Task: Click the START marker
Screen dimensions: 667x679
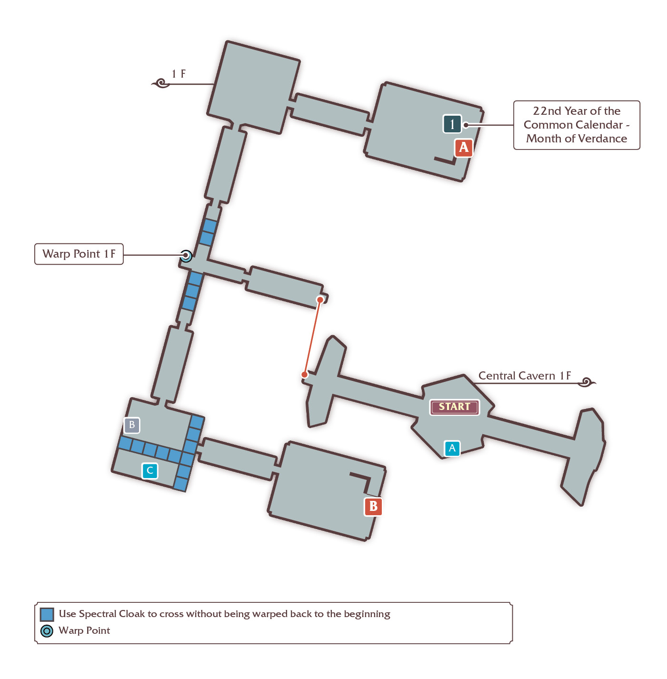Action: click(454, 407)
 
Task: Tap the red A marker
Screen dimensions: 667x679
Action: click(463, 147)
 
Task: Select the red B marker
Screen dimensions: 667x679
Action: click(373, 506)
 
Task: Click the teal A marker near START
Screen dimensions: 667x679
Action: click(452, 448)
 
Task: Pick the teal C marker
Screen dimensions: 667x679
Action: click(150, 470)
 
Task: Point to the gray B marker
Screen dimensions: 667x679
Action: click(132, 425)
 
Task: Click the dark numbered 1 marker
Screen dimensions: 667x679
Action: click(452, 124)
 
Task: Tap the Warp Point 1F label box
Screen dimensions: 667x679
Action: click(79, 254)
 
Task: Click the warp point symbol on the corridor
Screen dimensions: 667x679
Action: click(186, 256)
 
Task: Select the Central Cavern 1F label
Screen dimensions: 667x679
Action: click(524, 376)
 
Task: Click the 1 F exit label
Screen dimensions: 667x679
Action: click(178, 74)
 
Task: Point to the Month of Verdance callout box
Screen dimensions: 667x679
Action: click(577, 125)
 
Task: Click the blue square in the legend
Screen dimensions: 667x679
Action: click(47, 615)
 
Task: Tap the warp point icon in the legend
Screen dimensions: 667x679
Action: click(47, 631)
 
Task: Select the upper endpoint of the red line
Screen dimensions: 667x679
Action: click(320, 300)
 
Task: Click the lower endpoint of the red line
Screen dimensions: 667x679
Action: click(305, 375)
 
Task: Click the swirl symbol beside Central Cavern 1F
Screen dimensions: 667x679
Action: click(587, 382)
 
